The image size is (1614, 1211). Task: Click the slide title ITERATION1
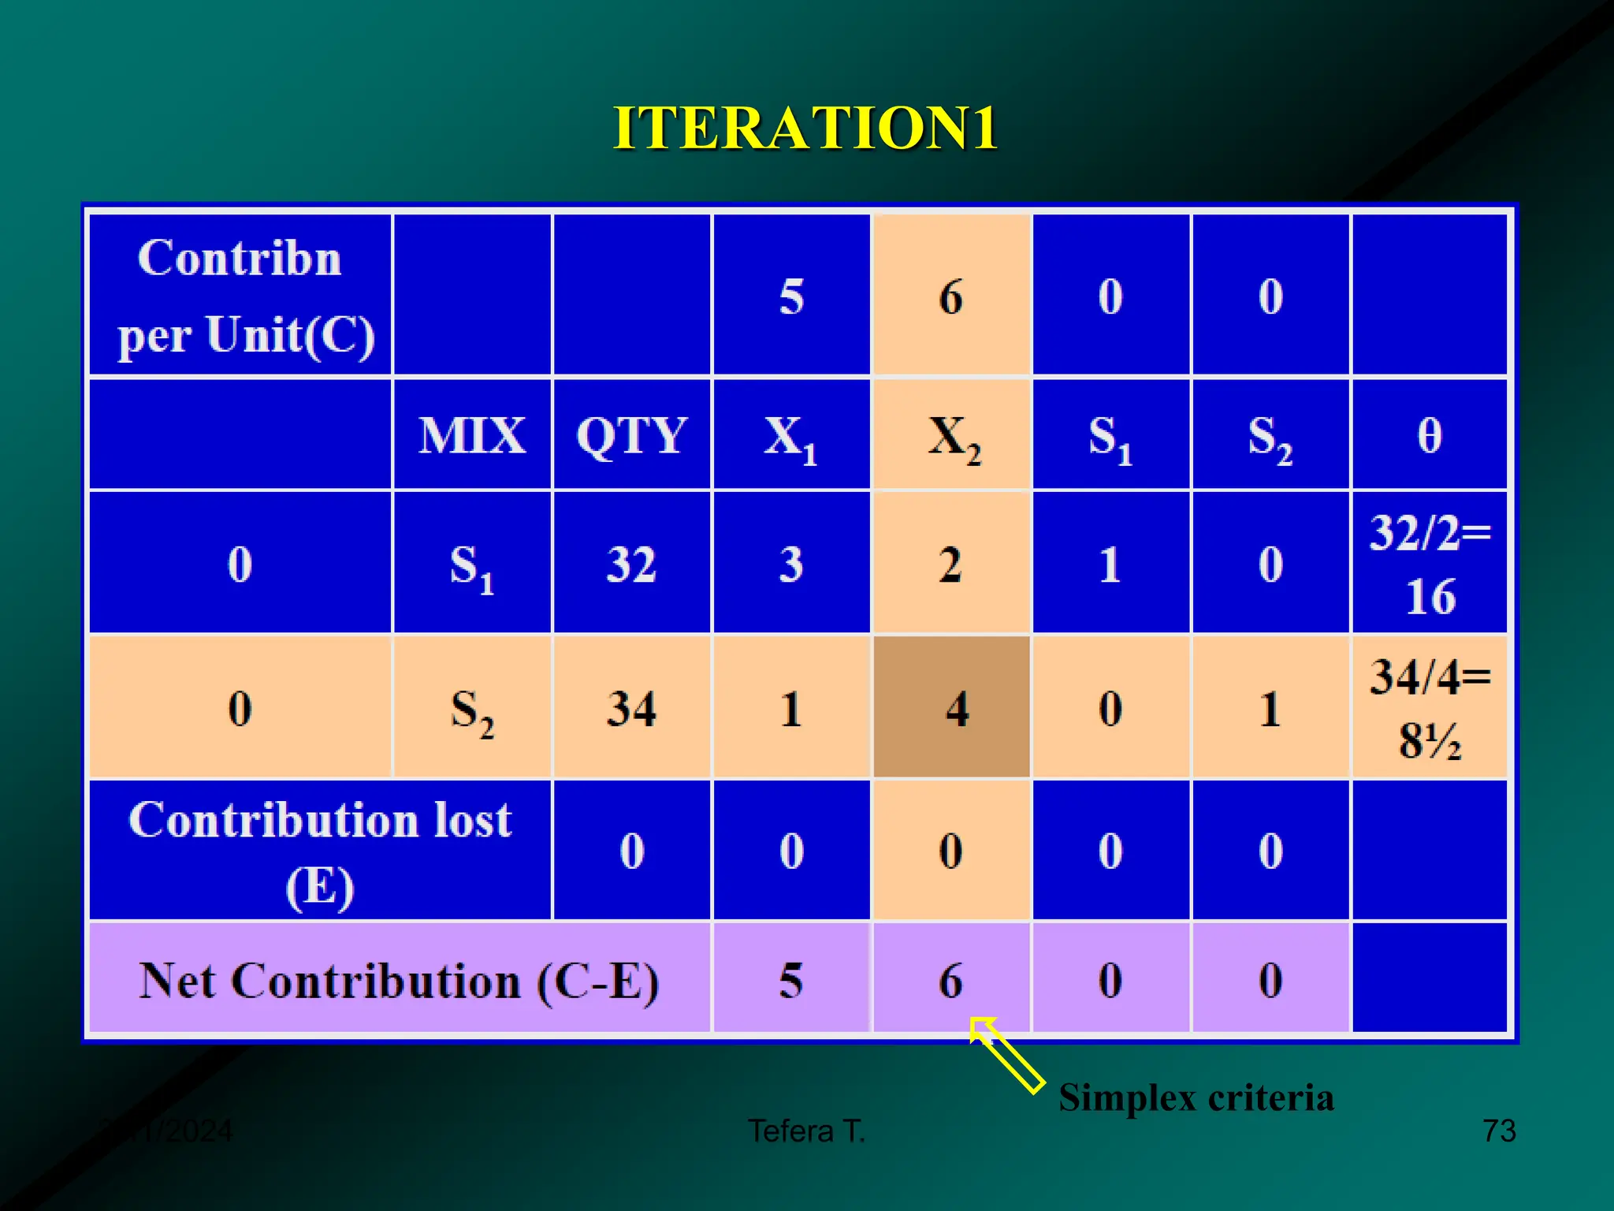point(805,128)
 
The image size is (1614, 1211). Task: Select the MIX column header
point(471,435)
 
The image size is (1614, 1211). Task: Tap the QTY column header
point(631,435)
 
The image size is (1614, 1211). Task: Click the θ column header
point(1429,435)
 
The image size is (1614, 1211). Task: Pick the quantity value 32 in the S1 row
point(631,565)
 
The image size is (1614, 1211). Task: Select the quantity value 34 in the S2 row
point(631,708)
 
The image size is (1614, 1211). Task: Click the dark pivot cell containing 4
point(952,708)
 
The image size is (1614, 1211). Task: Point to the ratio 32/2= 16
point(1429,563)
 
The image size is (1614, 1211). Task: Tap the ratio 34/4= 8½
point(1429,707)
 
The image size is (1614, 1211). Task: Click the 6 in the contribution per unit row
point(951,297)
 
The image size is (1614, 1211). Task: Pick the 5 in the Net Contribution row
point(790,981)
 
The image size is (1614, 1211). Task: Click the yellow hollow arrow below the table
point(1006,1055)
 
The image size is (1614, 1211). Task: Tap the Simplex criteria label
point(1196,1097)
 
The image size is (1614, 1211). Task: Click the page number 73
point(1498,1131)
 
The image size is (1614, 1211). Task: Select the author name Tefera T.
point(806,1131)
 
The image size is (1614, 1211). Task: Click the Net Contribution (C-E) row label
point(399,981)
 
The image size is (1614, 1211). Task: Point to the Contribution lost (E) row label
point(320,851)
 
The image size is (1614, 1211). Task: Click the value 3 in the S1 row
point(790,565)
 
